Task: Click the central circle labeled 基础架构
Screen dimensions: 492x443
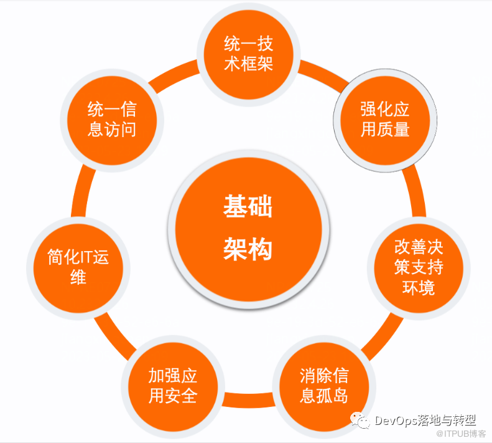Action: (249, 229)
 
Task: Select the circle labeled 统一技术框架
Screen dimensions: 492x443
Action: (249, 54)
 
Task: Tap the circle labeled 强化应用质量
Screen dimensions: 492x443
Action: (385, 120)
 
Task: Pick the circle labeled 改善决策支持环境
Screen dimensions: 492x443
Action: (419, 268)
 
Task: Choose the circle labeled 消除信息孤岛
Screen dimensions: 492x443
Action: (324, 387)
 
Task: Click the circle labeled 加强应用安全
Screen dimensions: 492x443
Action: (173, 387)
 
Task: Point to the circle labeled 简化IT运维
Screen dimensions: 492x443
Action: (78, 268)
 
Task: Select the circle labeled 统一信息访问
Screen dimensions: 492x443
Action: (112, 120)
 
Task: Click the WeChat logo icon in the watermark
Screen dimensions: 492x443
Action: (360, 420)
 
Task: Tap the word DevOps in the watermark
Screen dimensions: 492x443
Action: (397, 421)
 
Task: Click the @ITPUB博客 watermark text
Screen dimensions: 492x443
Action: (461, 434)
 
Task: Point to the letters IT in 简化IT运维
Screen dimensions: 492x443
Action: (84, 257)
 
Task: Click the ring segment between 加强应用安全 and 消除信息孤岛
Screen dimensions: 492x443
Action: (249, 400)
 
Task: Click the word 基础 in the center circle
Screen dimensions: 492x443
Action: (248, 206)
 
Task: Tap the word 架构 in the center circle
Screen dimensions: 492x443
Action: (248, 249)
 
